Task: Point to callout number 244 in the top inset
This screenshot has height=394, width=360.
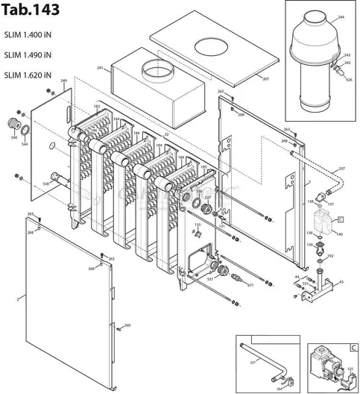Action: [341, 16]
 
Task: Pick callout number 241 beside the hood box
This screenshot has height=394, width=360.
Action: [99, 68]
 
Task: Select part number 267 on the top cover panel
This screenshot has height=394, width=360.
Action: [265, 78]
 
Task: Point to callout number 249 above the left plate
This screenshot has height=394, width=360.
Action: [63, 80]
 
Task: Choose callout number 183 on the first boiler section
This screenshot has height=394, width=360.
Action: [97, 107]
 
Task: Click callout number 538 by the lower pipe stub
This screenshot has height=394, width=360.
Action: [45, 184]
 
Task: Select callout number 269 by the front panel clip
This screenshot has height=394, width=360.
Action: [127, 326]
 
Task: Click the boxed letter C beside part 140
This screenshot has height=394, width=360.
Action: [341, 219]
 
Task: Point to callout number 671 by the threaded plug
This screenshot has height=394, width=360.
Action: [250, 285]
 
